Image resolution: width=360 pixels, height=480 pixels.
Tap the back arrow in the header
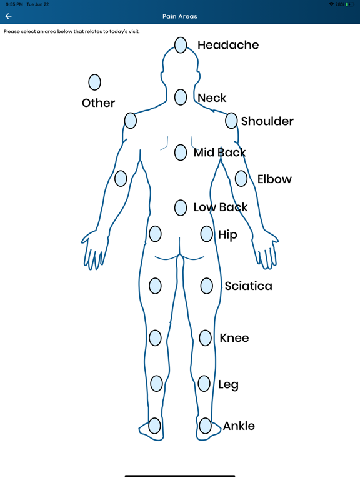click(8, 16)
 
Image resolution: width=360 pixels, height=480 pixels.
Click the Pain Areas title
click(180, 16)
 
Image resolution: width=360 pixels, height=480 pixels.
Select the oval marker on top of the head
click(181, 45)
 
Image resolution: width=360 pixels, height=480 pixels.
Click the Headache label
click(228, 45)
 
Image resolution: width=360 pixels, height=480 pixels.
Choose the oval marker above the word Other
click(94, 82)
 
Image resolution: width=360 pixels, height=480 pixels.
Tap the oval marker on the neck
click(181, 97)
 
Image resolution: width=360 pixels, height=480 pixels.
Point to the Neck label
click(212, 98)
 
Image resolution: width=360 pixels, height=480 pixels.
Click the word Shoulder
click(267, 121)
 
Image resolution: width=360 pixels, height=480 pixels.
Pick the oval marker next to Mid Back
click(181, 152)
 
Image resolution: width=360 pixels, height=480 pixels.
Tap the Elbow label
click(274, 179)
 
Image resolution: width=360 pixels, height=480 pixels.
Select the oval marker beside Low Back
click(181, 207)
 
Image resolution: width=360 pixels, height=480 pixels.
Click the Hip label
click(227, 235)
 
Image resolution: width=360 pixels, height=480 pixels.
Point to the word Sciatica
click(248, 286)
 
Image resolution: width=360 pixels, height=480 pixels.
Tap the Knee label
click(234, 338)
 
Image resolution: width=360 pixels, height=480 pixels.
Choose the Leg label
click(228, 385)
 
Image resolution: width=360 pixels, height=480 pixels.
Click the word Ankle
click(239, 426)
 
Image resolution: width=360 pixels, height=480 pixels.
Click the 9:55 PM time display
click(14, 4)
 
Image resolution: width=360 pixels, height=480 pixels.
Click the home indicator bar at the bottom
click(180, 476)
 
